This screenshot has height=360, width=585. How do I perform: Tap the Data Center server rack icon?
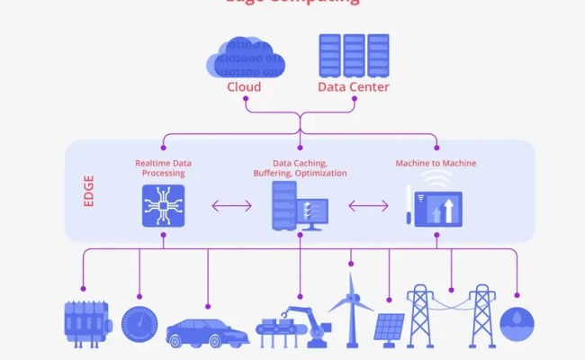point(353,56)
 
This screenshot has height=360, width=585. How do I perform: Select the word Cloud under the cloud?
point(244,87)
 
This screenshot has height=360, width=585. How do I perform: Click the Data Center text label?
point(354,87)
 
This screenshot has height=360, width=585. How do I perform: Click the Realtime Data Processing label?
point(163,168)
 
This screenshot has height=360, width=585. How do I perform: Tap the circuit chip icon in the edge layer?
point(163,205)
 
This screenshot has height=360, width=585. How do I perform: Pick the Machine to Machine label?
point(436,163)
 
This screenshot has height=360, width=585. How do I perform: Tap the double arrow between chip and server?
point(231,206)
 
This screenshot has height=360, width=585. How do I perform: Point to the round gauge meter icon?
point(139,322)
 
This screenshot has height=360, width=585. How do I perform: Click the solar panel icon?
point(389,328)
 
